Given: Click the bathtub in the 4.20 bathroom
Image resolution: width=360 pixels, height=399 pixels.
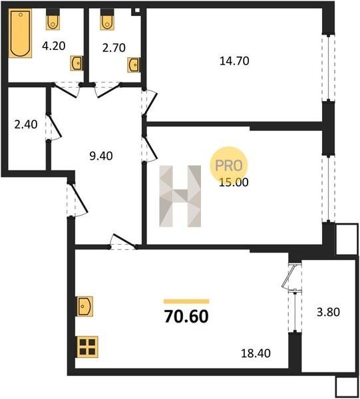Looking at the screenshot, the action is [x=20, y=33].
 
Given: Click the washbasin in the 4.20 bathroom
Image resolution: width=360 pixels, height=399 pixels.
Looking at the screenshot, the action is [x=77, y=63].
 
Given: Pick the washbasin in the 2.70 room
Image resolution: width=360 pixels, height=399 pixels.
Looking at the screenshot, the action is [x=134, y=65].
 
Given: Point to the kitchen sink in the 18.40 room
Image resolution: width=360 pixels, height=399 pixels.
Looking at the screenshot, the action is [x=85, y=307].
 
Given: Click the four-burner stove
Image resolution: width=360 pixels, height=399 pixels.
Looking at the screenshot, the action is [x=87, y=347].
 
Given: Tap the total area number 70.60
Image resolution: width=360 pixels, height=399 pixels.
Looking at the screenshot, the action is [x=186, y=317].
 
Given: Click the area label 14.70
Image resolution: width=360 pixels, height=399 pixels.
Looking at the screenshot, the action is [x=234, y=61].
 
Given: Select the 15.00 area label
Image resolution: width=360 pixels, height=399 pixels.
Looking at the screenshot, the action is [x=234, y=182].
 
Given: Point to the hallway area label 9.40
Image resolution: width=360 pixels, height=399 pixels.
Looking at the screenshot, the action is [x=101, y=156].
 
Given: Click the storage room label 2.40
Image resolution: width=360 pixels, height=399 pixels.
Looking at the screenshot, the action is [x=26, y=124].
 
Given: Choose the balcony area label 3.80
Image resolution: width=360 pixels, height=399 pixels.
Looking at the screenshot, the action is [x=328, y=312].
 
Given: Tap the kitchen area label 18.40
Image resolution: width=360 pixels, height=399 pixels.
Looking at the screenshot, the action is [x=256, y=354].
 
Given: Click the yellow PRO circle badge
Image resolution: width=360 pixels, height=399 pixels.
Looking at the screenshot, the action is [x=229, y=166].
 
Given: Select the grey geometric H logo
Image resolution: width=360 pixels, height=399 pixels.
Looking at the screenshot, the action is [x=180, y=196].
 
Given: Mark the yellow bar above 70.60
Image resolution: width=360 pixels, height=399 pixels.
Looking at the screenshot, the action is [x=186, y=301].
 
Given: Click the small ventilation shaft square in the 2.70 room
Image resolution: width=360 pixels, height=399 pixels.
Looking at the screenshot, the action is [x=137, y=11].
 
